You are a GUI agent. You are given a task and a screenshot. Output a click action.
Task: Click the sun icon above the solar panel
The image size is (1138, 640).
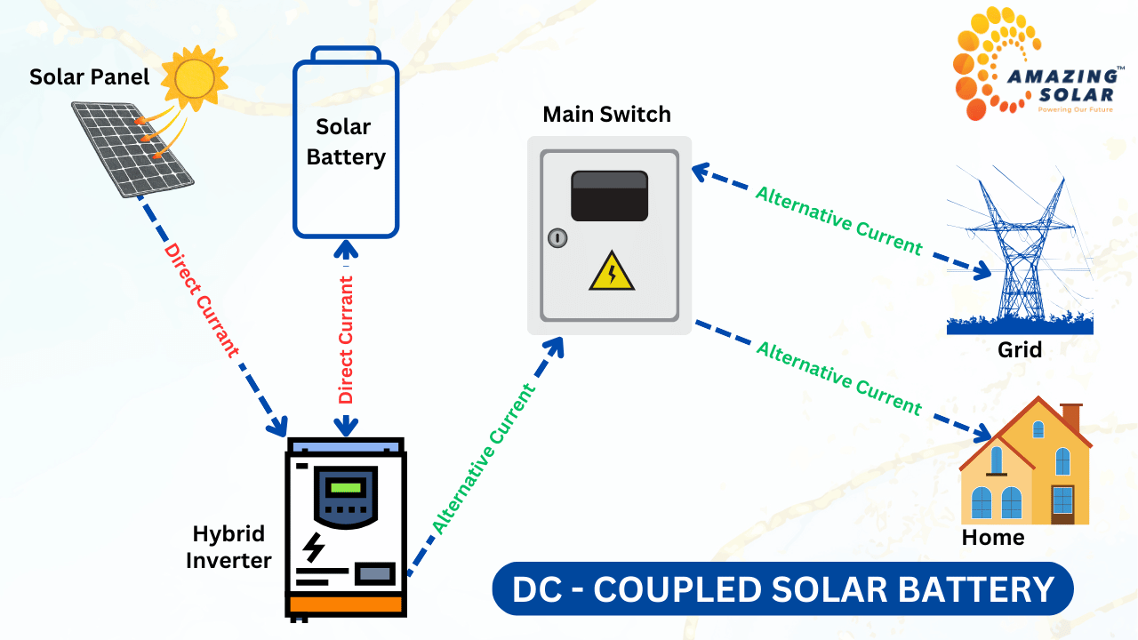pos(195,78)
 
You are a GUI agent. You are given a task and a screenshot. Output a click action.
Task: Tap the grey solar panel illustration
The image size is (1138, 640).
pos(133,148)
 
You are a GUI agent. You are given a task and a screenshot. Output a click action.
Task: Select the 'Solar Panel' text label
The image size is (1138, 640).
pos(90,76)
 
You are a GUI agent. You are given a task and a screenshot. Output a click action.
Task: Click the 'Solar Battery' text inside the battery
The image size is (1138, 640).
pos(345,142)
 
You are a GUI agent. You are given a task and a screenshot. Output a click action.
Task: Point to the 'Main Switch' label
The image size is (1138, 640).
pos(606,114)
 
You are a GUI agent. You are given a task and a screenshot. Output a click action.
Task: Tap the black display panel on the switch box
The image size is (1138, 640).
pos(609,196)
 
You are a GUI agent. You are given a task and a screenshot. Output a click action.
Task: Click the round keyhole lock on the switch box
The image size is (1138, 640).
pos(557,237)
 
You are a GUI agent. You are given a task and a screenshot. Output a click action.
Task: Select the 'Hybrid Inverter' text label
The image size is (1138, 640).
pos(228,547)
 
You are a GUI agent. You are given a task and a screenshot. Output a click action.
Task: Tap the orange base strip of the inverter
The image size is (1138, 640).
pos(347,605)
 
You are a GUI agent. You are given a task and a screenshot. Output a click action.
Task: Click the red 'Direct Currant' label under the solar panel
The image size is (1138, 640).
pos(201,300)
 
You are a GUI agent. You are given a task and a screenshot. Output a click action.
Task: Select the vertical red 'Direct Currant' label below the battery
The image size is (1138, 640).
pos(346,340)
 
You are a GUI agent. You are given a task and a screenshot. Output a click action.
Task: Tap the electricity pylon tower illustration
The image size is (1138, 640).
pos(1021,253)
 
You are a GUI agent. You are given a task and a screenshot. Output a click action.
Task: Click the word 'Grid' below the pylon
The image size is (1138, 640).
pos(1019,349)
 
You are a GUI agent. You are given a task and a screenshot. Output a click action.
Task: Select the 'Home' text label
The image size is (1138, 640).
pos(992,537)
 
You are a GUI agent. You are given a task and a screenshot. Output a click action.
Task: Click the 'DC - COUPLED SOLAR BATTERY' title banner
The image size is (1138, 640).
pos(782,589)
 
